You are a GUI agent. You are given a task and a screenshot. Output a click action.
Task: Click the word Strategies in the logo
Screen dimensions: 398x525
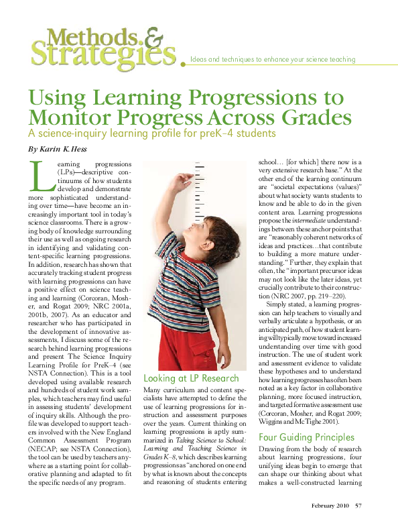pos(100,54)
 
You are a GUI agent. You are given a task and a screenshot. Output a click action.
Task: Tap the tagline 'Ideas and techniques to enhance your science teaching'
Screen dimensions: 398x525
pos(273,60)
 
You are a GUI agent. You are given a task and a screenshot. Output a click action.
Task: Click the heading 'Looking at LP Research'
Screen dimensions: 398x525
pos(191,379)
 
